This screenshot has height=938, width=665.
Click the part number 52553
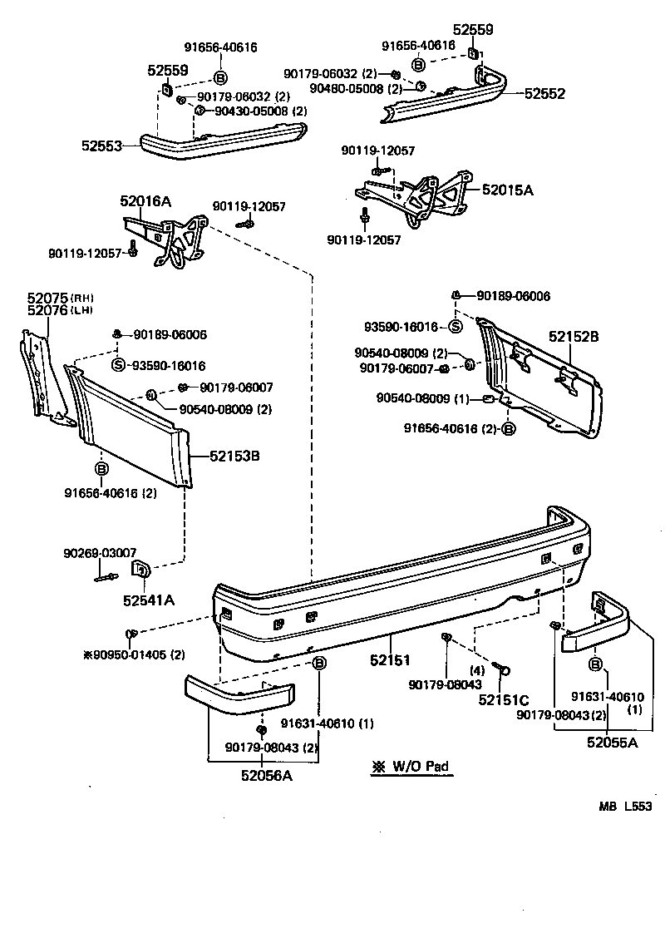tap(101, 146)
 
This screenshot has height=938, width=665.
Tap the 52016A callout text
tap(145, 200)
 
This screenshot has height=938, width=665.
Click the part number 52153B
tap(234, 456)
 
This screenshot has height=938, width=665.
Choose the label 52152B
tap(573, 337)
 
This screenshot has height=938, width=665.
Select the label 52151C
tap(504, 699)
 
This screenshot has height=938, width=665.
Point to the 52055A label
tap(612, 743)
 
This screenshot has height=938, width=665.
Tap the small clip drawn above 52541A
tap(141, 570)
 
